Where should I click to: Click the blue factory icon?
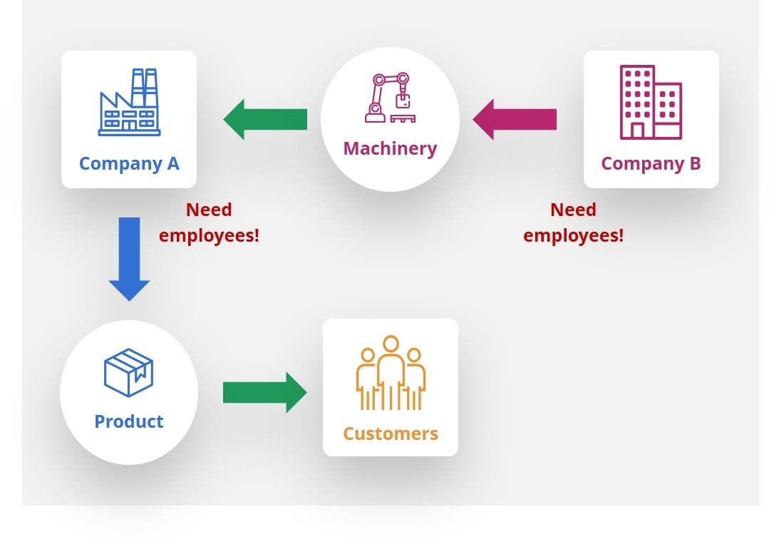click(x=129, y=103)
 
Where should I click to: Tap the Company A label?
click(x=129, y=163)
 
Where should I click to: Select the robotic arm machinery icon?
click(x=389, y=98)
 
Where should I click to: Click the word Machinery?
click(x=390, y=148)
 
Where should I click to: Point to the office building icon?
click(x=650, y=102)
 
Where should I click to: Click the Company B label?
click(x=651, y=163)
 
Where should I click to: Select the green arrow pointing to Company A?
click(x=265, y=119)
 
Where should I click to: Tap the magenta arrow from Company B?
click(x=515, y=119)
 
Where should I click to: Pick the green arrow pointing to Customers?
click(x=265, y=392)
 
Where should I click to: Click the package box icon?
click(x=129, y=372)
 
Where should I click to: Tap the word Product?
click(x=129, y=421)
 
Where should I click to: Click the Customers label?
click(x=391, y=434)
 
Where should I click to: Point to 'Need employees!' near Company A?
click(x=209, y=222)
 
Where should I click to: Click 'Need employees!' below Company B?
click(x=573, y=222)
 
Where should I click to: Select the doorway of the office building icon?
click(x=637, y=130)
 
